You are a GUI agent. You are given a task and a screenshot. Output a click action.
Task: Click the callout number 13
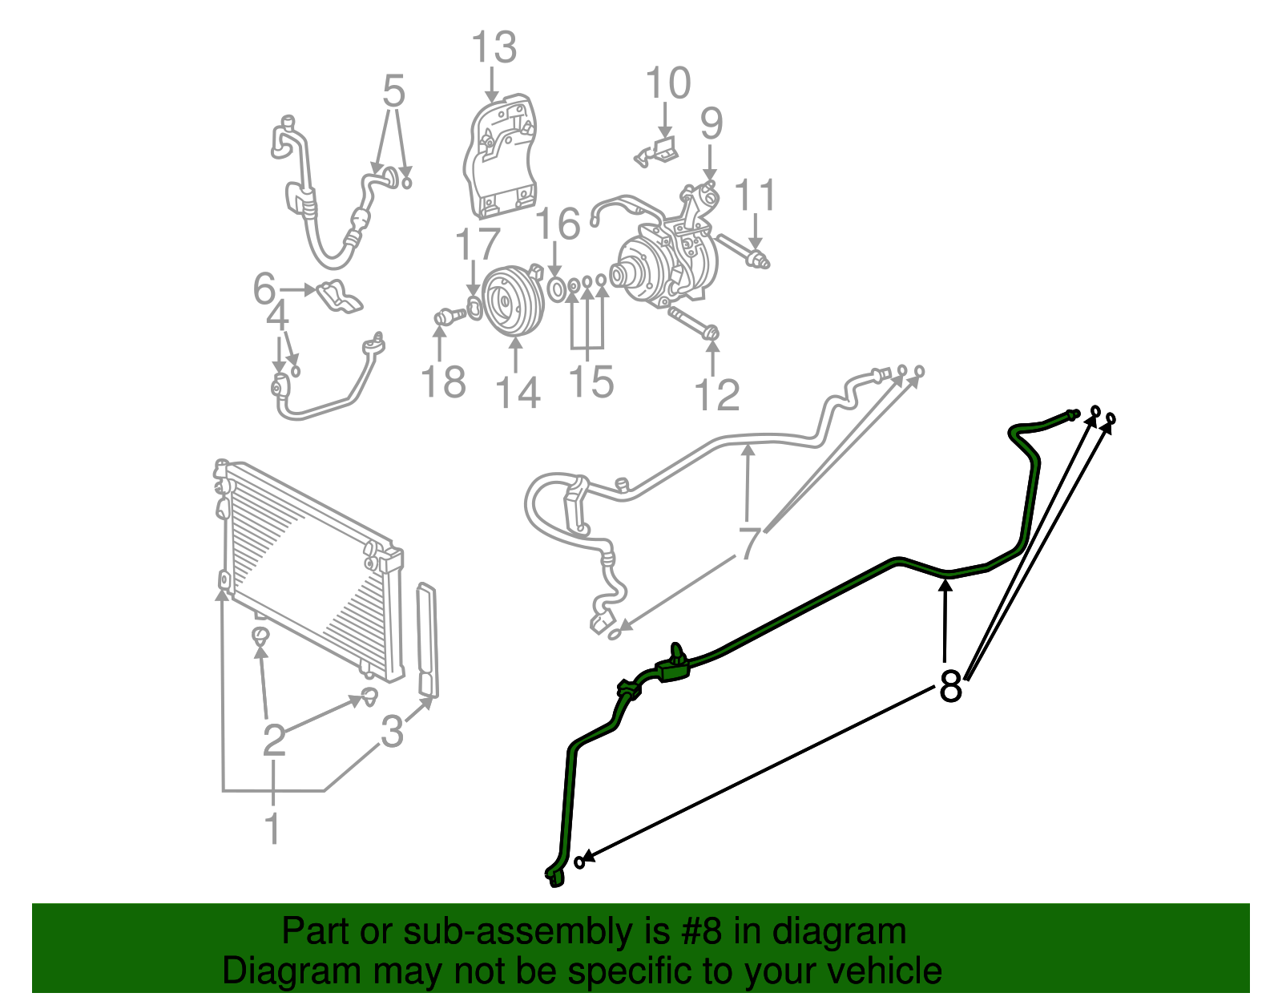pyautogui.click(x=494, y=48)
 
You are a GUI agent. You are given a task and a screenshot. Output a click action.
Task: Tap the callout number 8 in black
pyautogui.click(x=950, y=686)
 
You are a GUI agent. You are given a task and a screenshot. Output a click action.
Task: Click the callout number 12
pyautogui.click(x=716, y=394)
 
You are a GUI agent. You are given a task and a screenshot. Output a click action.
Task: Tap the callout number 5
pyautogui.click(x=393, y=91)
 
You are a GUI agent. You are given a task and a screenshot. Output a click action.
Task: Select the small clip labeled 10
pyautogui.click(x=659, y=151)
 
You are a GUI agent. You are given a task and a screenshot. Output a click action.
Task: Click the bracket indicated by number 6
pyautogui.click(x=341, y=296)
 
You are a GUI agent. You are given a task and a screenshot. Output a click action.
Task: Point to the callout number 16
pyautogui.click(x=558, y=224)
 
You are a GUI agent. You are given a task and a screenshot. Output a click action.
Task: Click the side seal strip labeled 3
pyautogui.click(x=428, y=641)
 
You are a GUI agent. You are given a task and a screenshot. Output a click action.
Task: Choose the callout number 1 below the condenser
pyautogui.click(x=272, y=827)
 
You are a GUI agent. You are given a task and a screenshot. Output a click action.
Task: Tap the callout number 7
pyautogui.click(x=748, y=543)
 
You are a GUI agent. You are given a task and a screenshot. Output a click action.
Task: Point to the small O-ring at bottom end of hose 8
pyautogui.click(x=580, y=862)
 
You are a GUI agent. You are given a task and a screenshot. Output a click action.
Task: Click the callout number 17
pyautogui.click(x=478, y=244)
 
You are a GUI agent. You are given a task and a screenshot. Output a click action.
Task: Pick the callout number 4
pyautogui.click(x=277, y=317)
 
